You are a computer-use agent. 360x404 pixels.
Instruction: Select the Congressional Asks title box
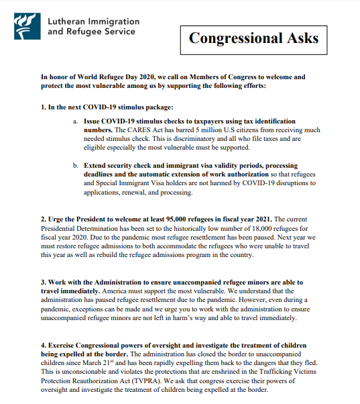[x=253, y=39]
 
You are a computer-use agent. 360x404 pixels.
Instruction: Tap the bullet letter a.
[x=75, y=120]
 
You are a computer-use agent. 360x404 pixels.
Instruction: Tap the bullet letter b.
[x=75, y=165]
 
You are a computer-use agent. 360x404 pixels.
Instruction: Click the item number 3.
[x=43, y=283]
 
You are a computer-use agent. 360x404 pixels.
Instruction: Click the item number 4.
[x=43, y=345]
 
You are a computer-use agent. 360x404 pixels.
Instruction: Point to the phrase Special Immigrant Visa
[x=131, y=183]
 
